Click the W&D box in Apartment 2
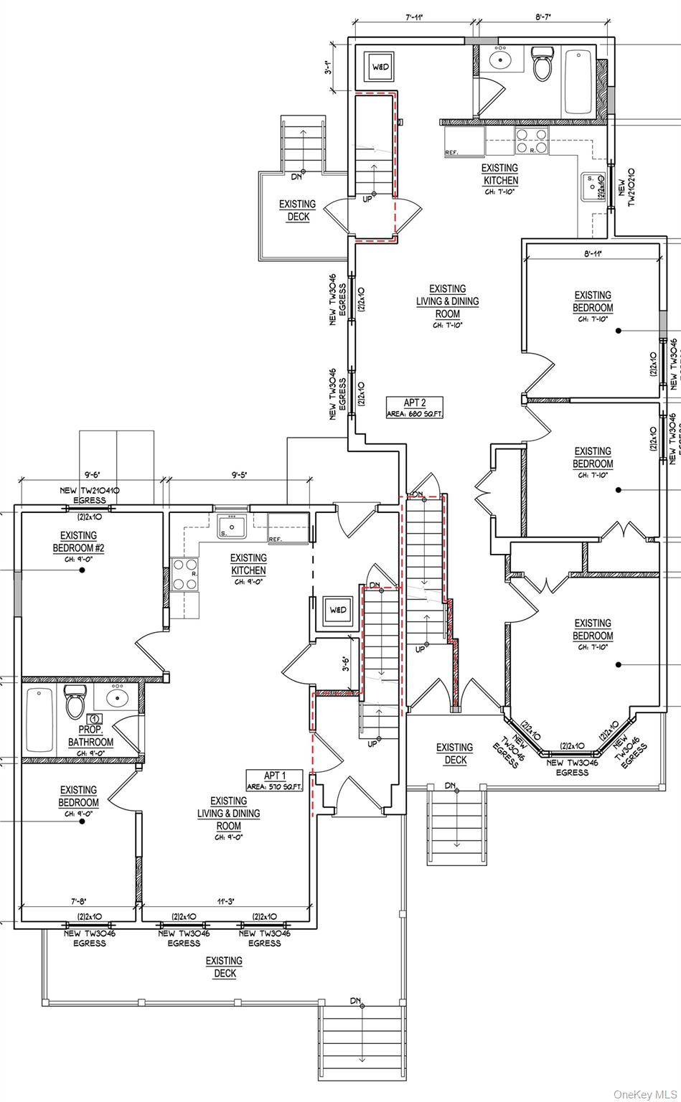tap(380, 67)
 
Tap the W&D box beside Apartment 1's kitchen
tap(337, 610)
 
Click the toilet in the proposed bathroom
tap(75, 702)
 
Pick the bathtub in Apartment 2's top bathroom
tap(578, 80)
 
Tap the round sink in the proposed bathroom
tap(116, 697)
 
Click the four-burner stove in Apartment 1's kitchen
tap(184, 574)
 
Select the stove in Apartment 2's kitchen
tap(532, 141)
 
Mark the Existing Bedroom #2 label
tap(78, 542)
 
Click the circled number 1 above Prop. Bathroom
tap(95, 719)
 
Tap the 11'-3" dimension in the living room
tap(227, 902)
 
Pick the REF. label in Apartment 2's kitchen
tap(451, 153)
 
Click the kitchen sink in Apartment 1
tap(231, 526)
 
